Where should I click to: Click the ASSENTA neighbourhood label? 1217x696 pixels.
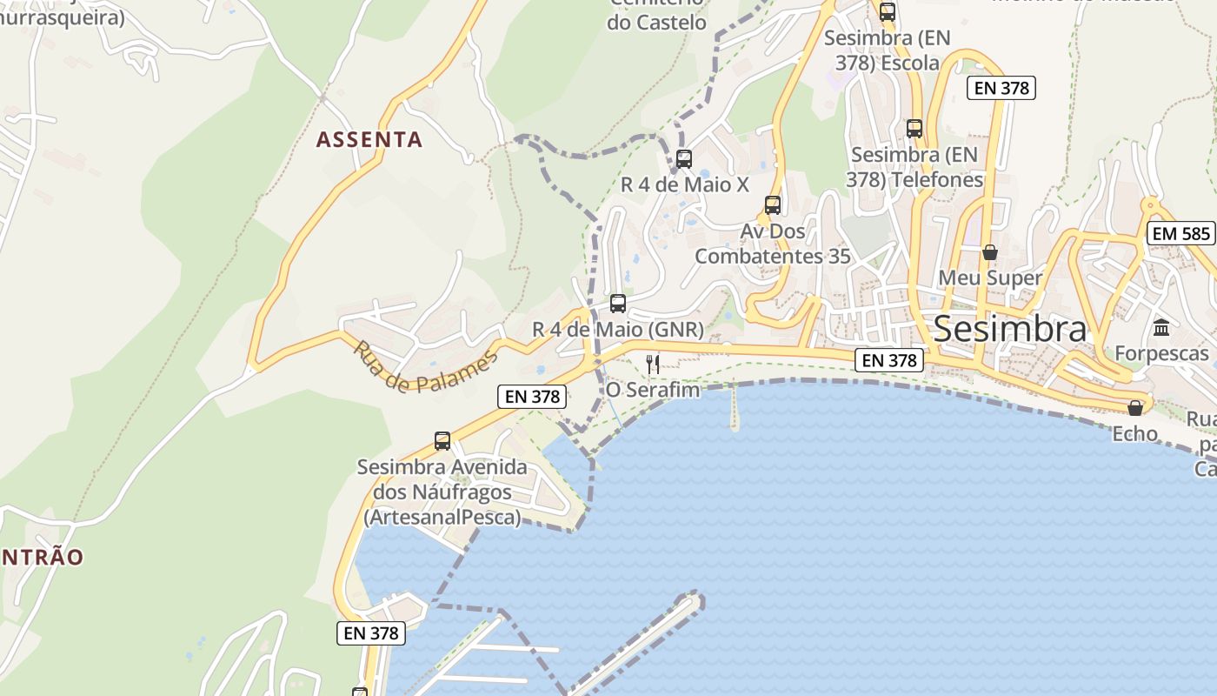(x=369, y=139)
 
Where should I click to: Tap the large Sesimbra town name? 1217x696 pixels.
(x=1009, y=330)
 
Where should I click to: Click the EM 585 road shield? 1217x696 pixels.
(x=1180, y=233)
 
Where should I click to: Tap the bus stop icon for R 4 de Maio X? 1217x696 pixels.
(x=684, y=159)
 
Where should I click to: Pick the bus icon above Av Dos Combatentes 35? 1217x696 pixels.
(x=773, y=205)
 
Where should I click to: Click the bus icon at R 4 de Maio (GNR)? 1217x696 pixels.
(x=618, y=304)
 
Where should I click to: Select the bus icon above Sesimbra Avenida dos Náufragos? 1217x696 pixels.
(x=442, y=441)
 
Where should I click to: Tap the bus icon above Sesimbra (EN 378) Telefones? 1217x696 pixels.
(x=914, y=129)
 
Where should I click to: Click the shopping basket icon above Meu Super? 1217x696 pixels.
(x=989, y=253)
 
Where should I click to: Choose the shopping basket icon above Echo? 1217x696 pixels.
(x=1134, y=408)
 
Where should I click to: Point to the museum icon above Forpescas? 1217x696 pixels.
(x=1161, y=328)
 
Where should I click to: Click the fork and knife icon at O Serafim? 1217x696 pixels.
(x=653, y=364)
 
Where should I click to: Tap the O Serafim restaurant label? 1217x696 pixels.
(x=653, y=390)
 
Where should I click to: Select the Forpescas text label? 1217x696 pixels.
(x=1161, y=353)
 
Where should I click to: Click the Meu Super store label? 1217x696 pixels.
(x=990, y=278)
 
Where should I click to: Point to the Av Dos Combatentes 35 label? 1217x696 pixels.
(x=773, y=244)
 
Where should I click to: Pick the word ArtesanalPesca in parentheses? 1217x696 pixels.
(x=442, y=518)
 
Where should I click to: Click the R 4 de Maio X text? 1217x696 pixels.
(x=684, y=184)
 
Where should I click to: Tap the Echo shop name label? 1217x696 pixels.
(x=1134, y=433)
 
